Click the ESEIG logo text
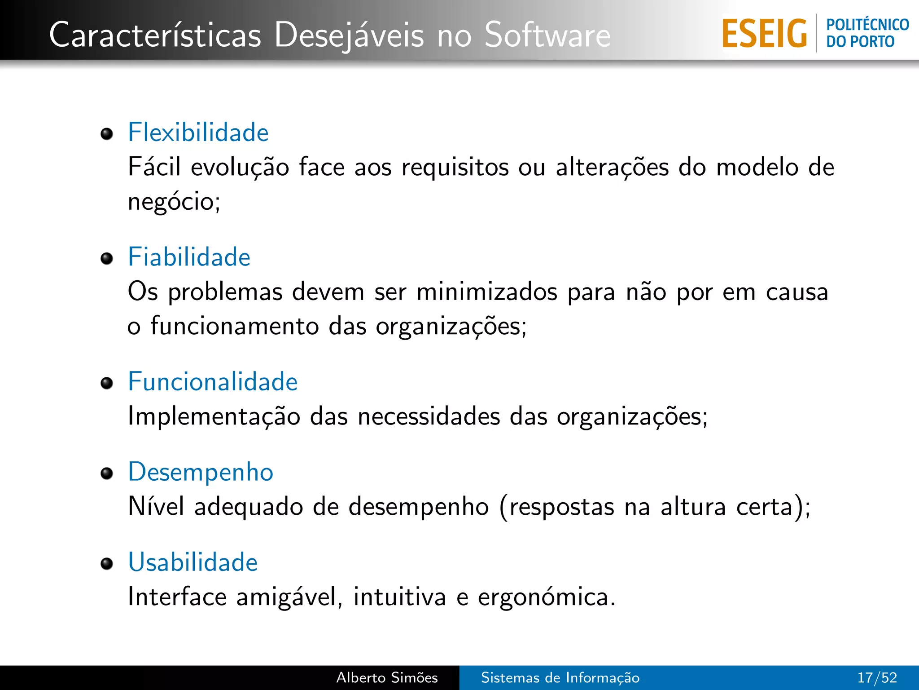point(764,34)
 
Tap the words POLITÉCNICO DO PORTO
point(867,33)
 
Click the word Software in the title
point(547,35)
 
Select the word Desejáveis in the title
point(349,35)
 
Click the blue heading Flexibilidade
point(198,133)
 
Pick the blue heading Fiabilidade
point(189,257)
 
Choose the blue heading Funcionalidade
point(213,382)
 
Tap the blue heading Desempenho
point(201,472)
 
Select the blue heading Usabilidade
point(193,562)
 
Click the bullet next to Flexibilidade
point(107,134)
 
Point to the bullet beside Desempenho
point(107,473)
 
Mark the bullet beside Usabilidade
point(107,564)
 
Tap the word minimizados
point(486,292)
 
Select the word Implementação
point(214,416)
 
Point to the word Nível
point(156,506)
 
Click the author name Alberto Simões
point(387,677)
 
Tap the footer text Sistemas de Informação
point(560,677)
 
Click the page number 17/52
point(877,677)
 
